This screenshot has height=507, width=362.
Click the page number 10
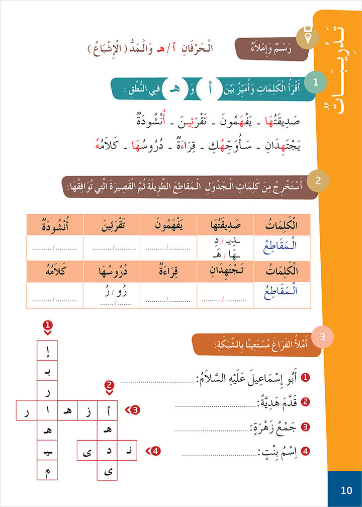[x=346, y=490]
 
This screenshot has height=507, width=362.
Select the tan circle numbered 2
[x=317, y=180]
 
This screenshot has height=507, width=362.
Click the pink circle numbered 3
[x=322, y=336]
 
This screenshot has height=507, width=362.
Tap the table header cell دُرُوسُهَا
[x=111, y=271]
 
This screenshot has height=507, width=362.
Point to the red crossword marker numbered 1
[x=47, y=325]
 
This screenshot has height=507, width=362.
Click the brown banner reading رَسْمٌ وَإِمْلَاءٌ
[x=271, y=48]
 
